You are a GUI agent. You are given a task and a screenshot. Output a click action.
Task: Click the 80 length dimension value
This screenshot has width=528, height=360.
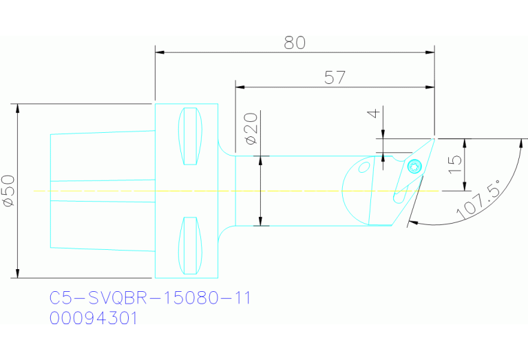pyautogui.click(x=295, y=42)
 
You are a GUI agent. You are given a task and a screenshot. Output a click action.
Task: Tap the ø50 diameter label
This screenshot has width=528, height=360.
pyautogui.click(x=8, y=191)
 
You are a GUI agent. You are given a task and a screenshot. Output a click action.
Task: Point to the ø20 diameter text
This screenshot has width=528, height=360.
pyautogui.click(x=251, y=129)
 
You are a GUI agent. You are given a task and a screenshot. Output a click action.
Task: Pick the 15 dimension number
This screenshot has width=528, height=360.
pyautogui.click(x=454, y=165)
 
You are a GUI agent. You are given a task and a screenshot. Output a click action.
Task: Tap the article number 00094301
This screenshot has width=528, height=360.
pyautogui.click(x=94, y=319)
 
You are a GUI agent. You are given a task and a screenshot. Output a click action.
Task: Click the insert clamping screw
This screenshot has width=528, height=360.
pyautogui.click(x=414, y=166)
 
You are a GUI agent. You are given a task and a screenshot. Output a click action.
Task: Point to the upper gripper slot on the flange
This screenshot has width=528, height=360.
pyautogui.click(x=191, y=136)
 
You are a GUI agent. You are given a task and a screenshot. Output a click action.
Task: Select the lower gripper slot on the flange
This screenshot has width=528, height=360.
pyautogui.click(x=191, y=245)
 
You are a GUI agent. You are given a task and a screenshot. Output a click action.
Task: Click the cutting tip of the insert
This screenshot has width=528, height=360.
pyautogui.click(x=435, y=138)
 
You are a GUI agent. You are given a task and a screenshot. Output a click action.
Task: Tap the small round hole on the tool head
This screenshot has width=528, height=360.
pyautogui.click(x=363, y=167)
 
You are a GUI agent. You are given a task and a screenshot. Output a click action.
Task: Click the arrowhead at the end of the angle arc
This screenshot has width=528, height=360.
pyautogui.click(x=412, y=222)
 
